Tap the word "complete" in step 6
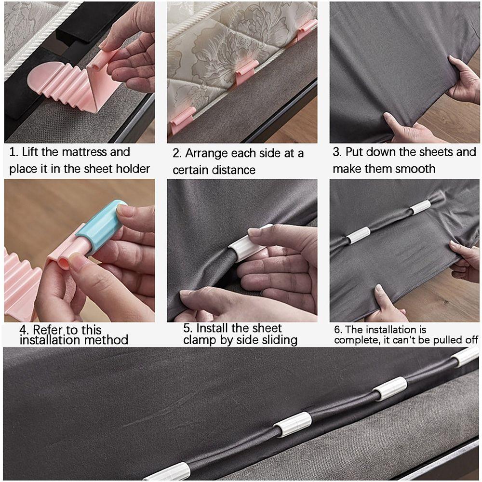(x=356, y=340)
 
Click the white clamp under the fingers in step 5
(x=247, y=243)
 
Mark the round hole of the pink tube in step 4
(x=64, y=263)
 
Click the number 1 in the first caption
(x=13, y=152)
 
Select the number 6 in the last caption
(x=338, y=330)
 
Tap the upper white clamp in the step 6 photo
(x=420, y=207)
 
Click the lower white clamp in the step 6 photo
(x=359, y=235)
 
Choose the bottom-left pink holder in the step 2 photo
(x=183, y=120)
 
